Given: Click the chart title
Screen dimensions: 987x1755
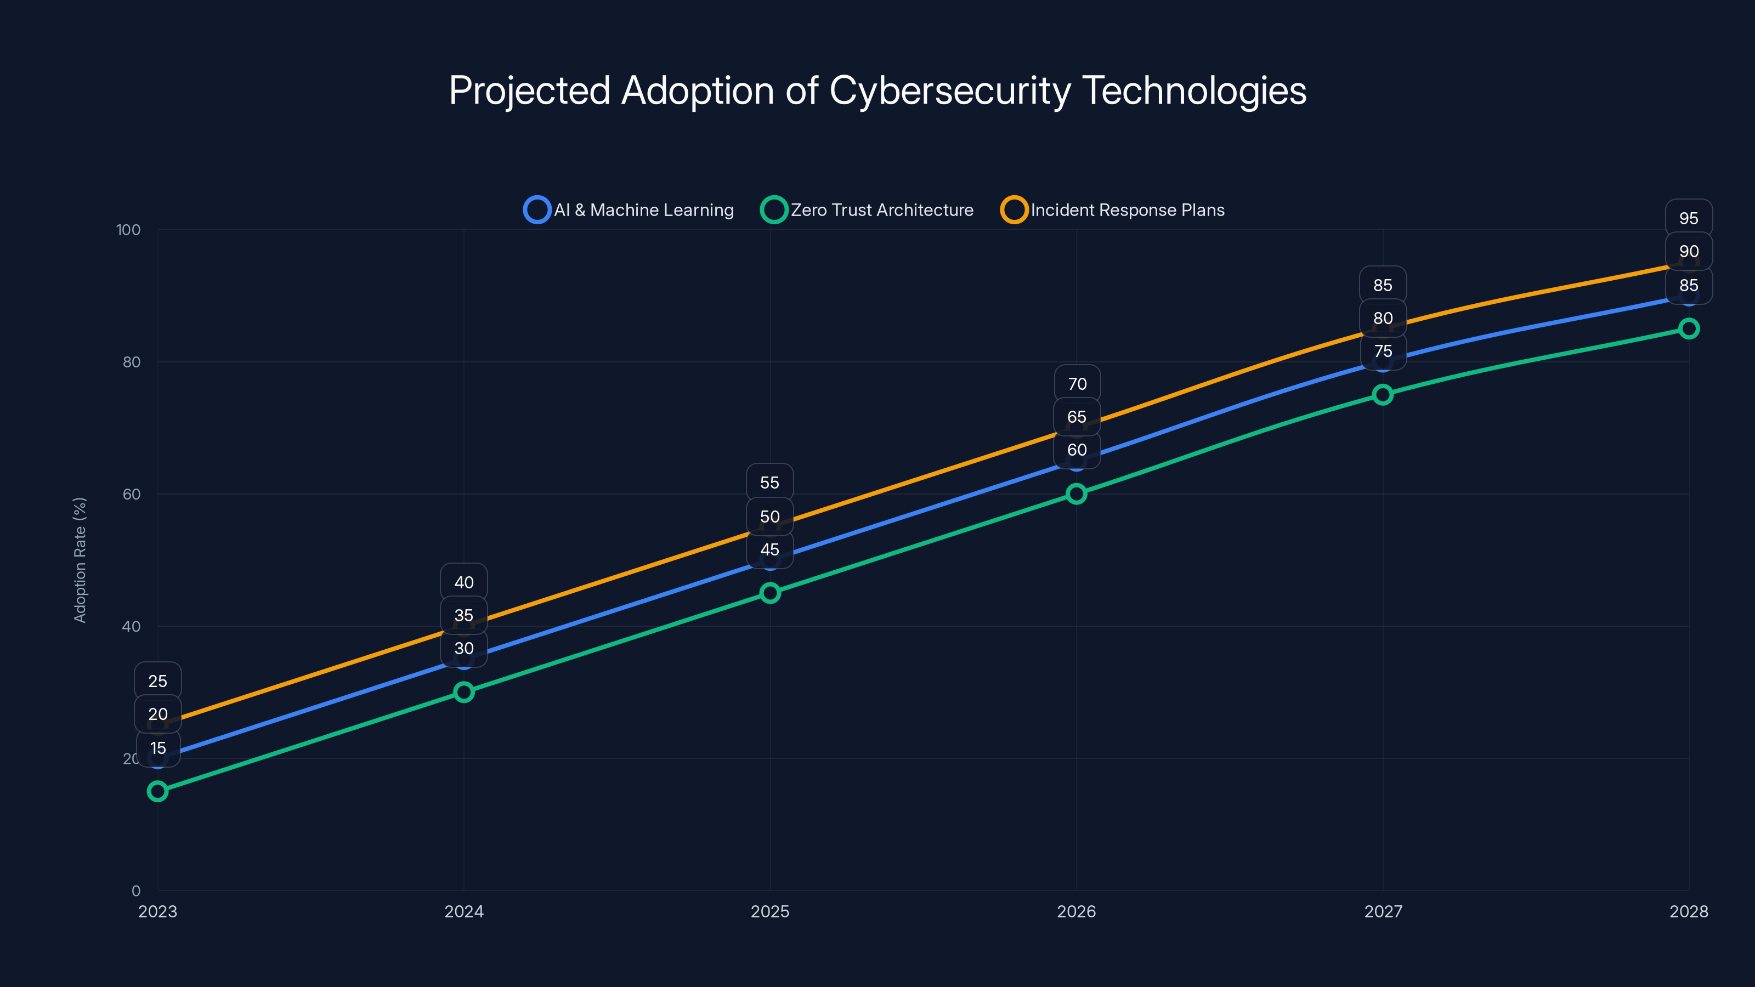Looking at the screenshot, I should click(x=877, y=90).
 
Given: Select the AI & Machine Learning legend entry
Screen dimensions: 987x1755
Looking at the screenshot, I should click(x=629, y=210).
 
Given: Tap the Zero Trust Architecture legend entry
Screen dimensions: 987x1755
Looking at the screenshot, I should click(x=867, y=210).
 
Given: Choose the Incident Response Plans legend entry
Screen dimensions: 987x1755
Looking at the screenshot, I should click(x=1113, y=210).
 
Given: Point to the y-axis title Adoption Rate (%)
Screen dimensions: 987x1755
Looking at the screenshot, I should click(x=80, y=560).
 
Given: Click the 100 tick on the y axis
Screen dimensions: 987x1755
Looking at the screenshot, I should click(x=128, y=230).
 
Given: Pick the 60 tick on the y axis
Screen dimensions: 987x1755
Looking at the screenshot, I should click(x=132, y=494).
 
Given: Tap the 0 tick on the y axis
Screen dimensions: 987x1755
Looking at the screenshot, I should click(x=135, y=890).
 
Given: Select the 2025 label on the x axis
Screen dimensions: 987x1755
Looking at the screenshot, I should click(x=770, y=911).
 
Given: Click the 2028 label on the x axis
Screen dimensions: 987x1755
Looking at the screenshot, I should click(x=1688, y=911).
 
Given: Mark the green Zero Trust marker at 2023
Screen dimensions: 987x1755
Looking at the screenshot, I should click(x=157, y=791).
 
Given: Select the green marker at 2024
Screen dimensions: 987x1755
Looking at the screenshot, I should click(x=464, y=692).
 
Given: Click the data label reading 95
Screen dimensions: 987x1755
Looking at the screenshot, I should click(x=1688, y=219).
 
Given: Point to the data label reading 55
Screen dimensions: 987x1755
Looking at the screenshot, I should click(x=770, y=483).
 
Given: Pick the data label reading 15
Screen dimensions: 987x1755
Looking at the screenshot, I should click(x=158, y=748).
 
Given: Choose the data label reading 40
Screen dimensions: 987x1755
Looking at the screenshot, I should click(x=464, y=582).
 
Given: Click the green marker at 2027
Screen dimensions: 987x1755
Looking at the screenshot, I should click(x=1382, y=394).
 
